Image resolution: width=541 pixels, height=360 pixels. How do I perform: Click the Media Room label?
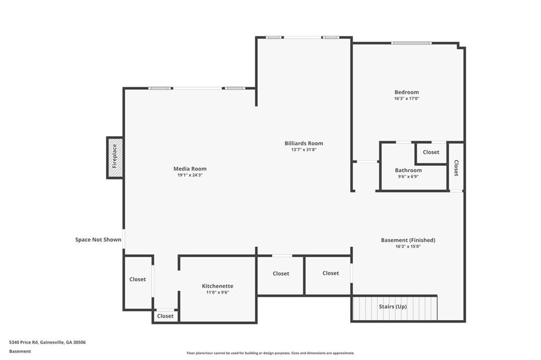tap(190, 169)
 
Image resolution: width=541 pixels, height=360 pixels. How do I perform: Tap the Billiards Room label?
tap(304, 143)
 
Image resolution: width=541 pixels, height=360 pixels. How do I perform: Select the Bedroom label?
tap(406, 92)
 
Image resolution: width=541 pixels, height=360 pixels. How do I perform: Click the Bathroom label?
tap(408, 170)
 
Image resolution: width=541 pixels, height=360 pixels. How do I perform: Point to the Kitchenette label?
tap(218, 286)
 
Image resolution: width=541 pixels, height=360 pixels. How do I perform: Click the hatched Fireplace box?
tap(115, 157)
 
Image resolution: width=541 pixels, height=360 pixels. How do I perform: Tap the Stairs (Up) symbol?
tap(394, 308)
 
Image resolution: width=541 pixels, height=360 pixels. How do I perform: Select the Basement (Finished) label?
tap(408, 240)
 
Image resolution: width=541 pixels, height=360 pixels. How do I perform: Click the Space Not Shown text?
tap(98, 240)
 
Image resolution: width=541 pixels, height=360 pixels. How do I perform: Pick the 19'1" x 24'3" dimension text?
tap(190, 175)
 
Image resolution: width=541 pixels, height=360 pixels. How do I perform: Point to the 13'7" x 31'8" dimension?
tap(304, 149)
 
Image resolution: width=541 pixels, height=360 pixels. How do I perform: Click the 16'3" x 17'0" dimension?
tap(406, 99)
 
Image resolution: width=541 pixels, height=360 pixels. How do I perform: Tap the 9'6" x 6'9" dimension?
tap(408, 176)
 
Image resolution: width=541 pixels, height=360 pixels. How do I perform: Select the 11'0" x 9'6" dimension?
tap(218, 292)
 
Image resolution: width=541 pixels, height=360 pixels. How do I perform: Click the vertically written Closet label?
tap(456, 168)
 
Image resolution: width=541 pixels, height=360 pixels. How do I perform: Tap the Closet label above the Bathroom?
tap(431, 152)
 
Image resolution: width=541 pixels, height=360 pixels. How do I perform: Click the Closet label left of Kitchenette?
tap(138, 279)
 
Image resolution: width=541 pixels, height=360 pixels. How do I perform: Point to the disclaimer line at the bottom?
tap(270, 353)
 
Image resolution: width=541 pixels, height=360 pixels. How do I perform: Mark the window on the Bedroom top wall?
tap(411, 43)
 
